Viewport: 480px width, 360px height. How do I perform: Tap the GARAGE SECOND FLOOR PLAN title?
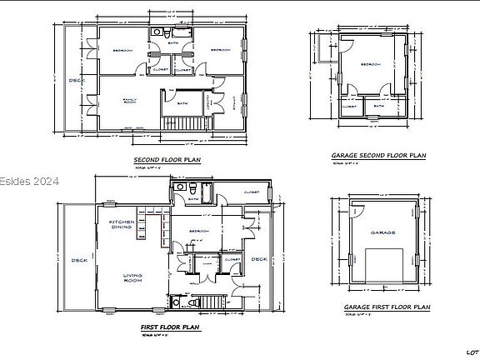[378, 155]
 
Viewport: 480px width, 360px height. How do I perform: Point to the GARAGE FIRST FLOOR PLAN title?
[387, 307]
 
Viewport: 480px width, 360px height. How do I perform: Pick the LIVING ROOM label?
[132, 279]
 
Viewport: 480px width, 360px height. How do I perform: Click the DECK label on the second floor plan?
[75, 80]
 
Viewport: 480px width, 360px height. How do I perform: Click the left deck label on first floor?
[79, 257]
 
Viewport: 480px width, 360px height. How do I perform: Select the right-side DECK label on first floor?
[258, 258]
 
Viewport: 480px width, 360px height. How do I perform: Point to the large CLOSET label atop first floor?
[250, 192]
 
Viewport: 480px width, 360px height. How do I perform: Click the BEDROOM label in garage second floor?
[371, 63]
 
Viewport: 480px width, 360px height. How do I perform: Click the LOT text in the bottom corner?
[471, 351]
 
